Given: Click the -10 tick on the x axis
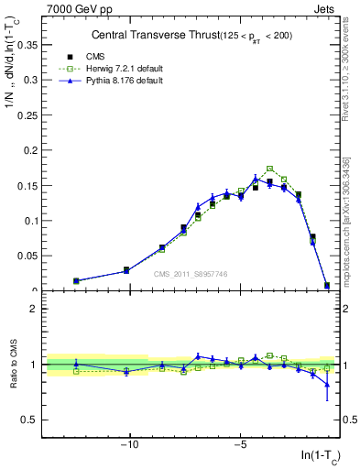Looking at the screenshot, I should pos(130,446).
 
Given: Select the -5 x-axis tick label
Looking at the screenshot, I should pos(240,446).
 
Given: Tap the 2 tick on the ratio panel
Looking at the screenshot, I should pos(34,309).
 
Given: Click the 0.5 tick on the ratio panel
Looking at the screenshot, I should pos(30,420).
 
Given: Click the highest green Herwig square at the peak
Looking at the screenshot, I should pos(269,169).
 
